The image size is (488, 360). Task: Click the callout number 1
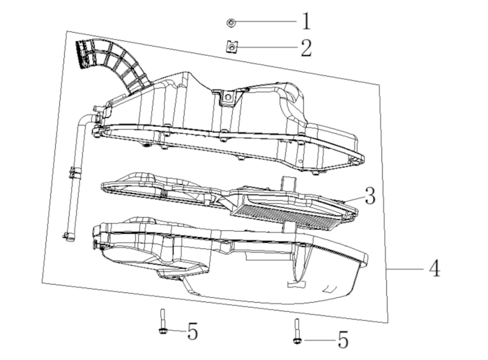(x=305, y=22)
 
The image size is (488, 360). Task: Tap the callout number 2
(x=305, y=48)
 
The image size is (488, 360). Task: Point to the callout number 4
(x=434, y=269)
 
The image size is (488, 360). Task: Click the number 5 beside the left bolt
(x=193, y=331)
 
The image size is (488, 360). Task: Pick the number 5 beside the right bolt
(x=342, y=340)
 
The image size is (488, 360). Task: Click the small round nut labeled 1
(x=231, y=23)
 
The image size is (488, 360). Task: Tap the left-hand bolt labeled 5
(x=162, y=323)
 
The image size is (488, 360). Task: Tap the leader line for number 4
(x=404, y=269)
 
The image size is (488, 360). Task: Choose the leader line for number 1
(x=265, y=22)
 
